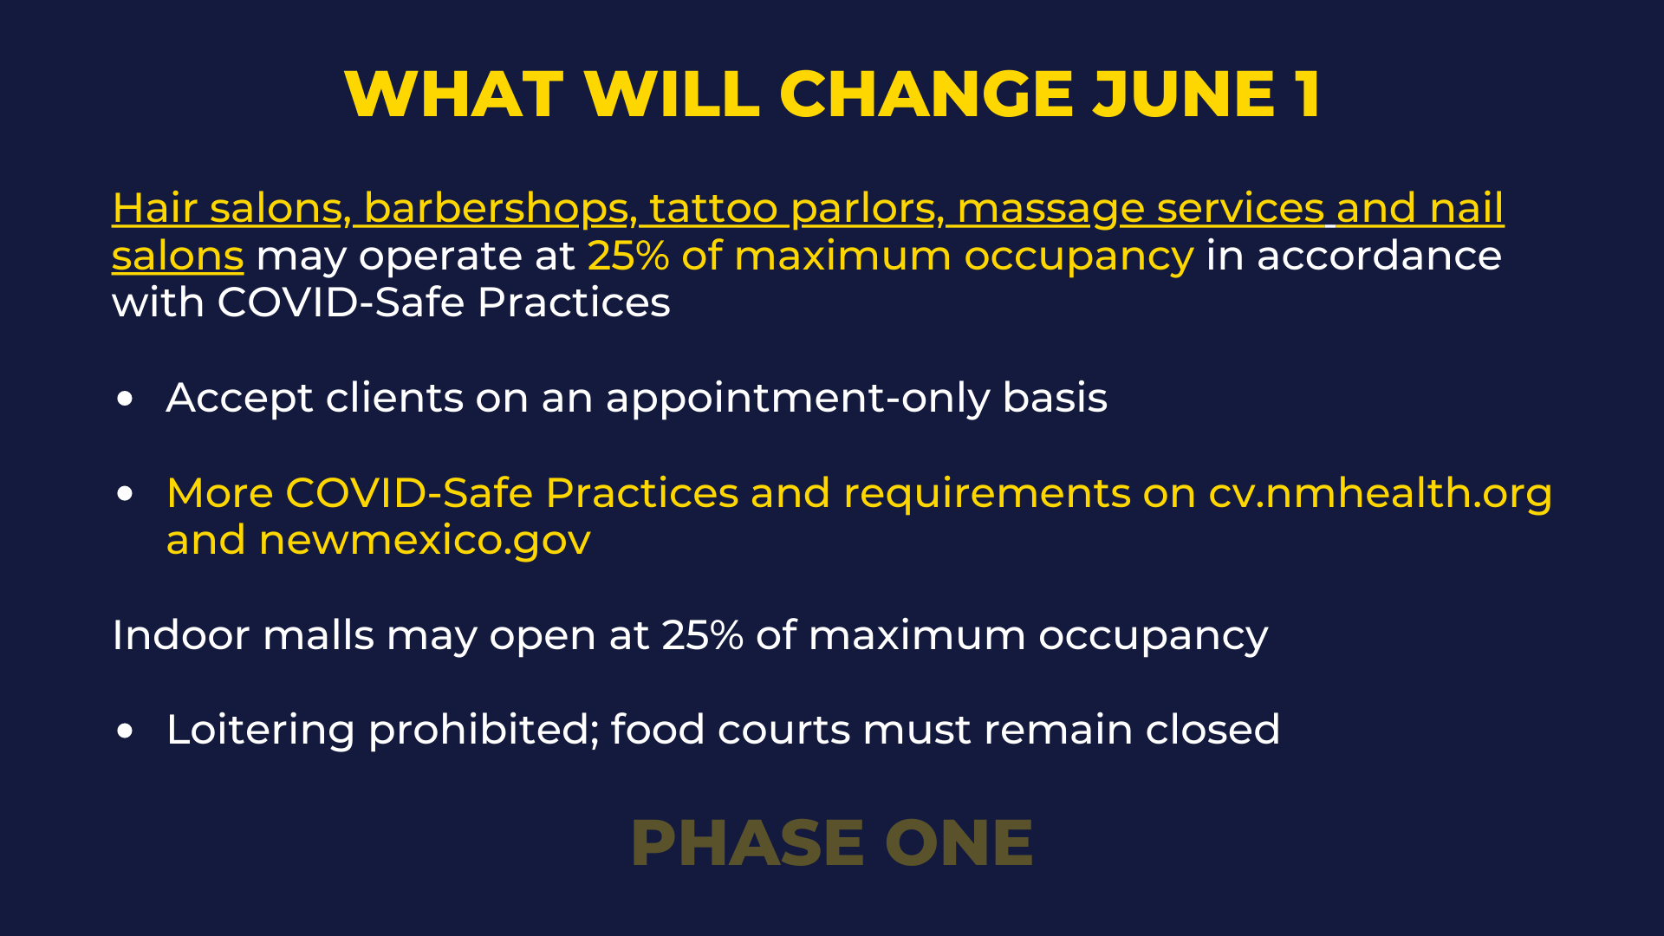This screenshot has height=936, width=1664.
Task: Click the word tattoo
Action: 714,208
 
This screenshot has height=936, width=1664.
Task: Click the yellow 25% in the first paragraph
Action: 628,256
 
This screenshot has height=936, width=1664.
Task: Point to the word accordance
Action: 1379,256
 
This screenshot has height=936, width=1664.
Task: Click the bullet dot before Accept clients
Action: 126,399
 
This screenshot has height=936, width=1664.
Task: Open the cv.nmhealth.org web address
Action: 1380,493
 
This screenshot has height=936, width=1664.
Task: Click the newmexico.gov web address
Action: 425,541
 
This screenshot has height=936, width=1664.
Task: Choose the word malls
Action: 318,634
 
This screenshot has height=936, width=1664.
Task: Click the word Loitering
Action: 261,731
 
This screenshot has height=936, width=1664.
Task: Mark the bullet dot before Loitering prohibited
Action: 126,731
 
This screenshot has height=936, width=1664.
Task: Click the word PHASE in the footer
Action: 748,843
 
